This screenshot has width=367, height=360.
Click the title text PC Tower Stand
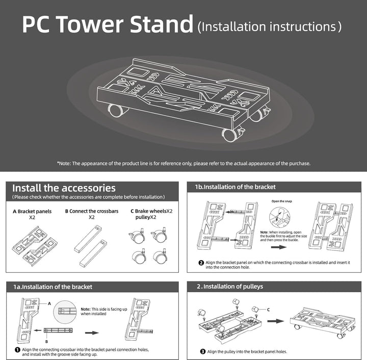click(x=108, y=25)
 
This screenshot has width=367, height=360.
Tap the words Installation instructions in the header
click(x=269, y=27)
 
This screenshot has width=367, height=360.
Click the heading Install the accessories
click(x=64, y=188)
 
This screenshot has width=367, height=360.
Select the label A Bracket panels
click(x=32, y=211)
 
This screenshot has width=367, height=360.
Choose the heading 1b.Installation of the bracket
click(x=235, y=187)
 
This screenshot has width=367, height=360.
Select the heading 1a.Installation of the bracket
click(x=53, y=287)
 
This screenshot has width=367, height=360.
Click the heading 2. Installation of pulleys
click(x=230, y=287)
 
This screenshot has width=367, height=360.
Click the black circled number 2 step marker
click(x=201, y=263)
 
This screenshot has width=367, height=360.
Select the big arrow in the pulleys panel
click(x=275, y=322)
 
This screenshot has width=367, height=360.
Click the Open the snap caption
click(x=282, y=201)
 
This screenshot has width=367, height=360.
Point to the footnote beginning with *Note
click(x=183, y=164)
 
